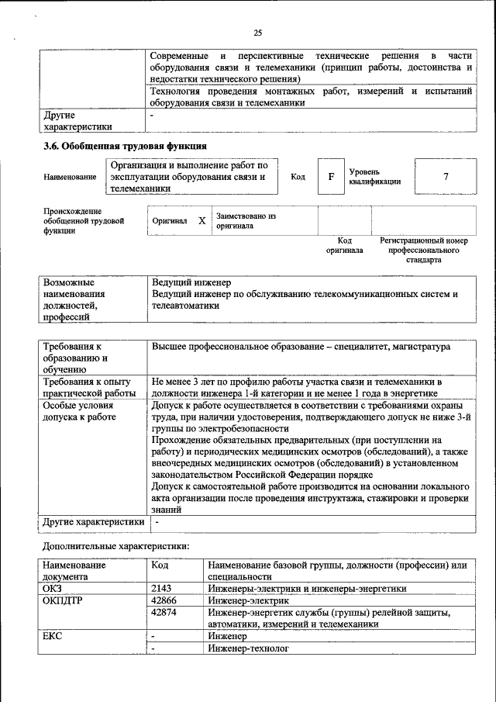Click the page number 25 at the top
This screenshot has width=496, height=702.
pos(257,32)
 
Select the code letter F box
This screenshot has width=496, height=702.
pos(331,176)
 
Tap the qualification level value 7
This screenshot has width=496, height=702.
pos(446,176)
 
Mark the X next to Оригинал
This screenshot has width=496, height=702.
pos(201,221)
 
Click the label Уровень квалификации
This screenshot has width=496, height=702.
pos(374,176)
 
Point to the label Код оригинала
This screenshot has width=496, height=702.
pos(344,246)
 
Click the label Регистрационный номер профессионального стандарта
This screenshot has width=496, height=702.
pos(423,251)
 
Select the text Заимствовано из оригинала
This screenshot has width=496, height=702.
pos(246,221)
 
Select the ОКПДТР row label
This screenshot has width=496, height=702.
pos(63,600)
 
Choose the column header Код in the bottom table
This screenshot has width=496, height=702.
pos(160,565)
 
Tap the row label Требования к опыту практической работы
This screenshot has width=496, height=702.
pos(89,387)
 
